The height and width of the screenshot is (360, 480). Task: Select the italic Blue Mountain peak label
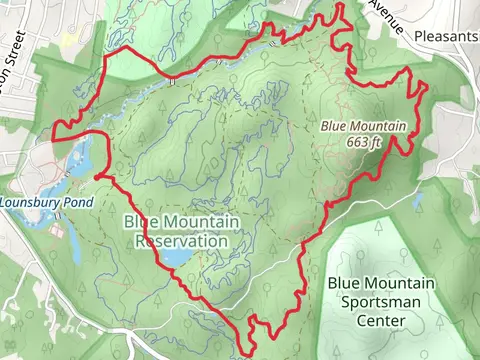click(x=363, y=126)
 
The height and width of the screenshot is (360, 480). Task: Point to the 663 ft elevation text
click(x=364, y=142)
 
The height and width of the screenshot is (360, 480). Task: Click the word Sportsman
click(x=380, y=302)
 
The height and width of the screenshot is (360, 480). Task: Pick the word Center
click(x=380, y=321)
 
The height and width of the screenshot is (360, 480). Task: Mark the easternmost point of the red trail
click(x=427, y=88)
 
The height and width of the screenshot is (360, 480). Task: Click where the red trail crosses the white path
click(x=173, y=79)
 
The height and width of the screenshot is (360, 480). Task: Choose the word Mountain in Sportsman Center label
click(x=380, y=283)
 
